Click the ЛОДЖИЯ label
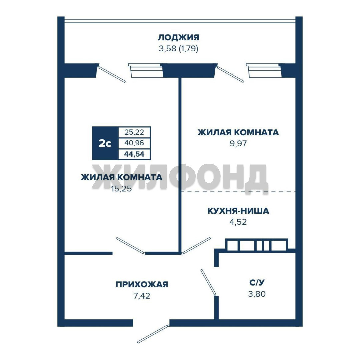[x=178, y=37]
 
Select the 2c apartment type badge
[x=105, y=143]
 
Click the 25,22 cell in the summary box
[x=134, y=132]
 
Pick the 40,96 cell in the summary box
[x=134, y=143]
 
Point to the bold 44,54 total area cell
[x=134, y=154]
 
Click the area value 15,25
[x=121, y=189]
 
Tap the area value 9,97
[x=238, y=143]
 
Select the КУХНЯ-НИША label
[x=238, y=211]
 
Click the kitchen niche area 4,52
[x=238, y=222]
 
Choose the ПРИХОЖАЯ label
[x=142, y=284]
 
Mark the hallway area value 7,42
[x=142, y=296]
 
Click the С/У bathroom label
[x=257, y=283]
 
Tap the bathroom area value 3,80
[x=257, y=294]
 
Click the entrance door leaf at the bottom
[x=153, y=334]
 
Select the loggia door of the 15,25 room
[x=111, y=74]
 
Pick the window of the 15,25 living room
[x=146, y=70]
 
